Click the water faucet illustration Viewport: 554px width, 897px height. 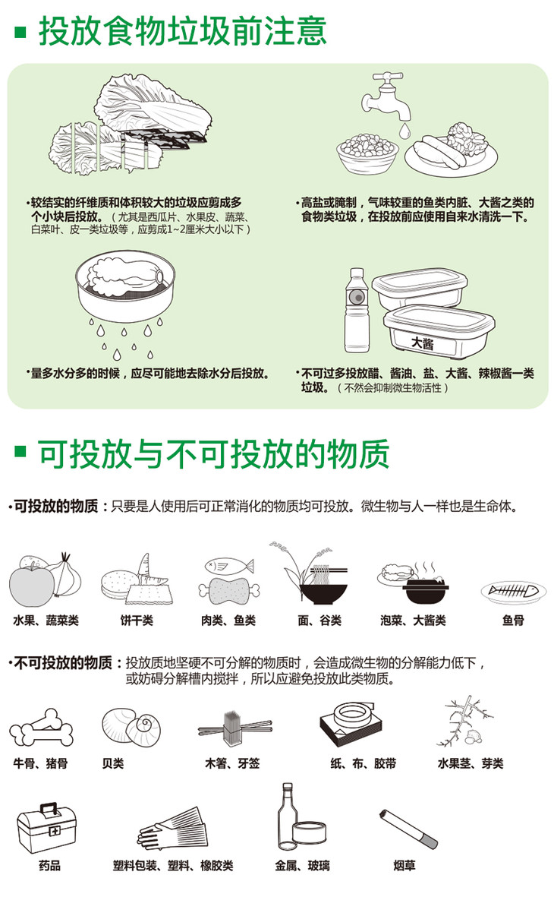click(386, 95)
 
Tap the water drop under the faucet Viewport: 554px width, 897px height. click(404, 131)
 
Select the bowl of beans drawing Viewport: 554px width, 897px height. click(367, 152)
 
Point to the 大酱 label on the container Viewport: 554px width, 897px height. click(423, 342)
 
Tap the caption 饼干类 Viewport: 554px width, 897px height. click(137, 621)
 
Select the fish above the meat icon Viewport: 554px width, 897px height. click(229, 567)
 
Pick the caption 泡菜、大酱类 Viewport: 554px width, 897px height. click(414, 621)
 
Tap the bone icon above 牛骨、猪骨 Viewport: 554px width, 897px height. click(41, 728)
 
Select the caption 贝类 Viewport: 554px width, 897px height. click(112, 763)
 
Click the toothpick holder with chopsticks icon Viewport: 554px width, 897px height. click(235, 728)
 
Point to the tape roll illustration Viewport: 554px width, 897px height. click(354, 715)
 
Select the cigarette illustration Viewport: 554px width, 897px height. click(408, 829)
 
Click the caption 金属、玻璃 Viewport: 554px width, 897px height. click(303, 866)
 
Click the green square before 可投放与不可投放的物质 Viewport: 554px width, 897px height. click(20, 452)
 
